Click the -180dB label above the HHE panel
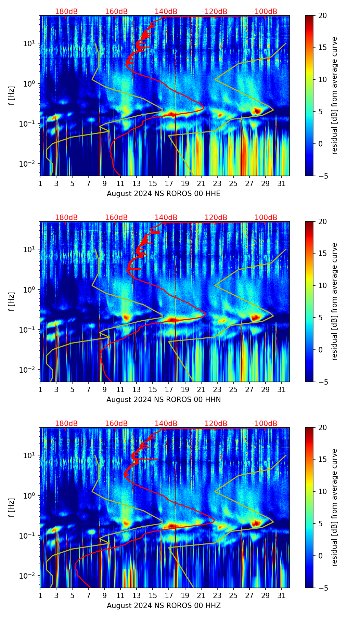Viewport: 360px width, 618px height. (65, 12)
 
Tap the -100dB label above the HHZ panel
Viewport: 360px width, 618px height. (265, 424)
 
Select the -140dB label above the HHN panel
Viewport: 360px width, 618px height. (165, 218)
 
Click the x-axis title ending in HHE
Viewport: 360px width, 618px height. (164, 194)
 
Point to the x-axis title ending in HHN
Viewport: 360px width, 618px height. (164, 400)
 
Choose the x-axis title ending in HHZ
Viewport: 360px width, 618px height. (164, 606)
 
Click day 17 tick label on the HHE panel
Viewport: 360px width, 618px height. (169, 184)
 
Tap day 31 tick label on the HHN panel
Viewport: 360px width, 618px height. (282, 390)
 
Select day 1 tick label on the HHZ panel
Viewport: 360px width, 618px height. (40, 596)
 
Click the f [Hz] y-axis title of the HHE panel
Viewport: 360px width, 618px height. (12, 96)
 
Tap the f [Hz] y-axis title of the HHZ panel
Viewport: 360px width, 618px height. (12, 508)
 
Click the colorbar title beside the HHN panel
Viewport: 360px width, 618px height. (335, 301)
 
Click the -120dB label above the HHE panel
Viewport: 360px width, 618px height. (215, 12)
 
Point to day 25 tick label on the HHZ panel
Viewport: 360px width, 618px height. (233, 596)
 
